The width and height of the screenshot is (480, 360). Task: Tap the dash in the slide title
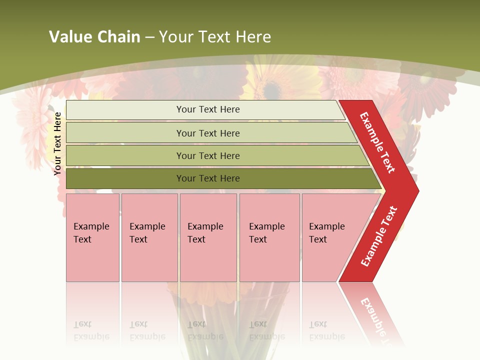point(149,37)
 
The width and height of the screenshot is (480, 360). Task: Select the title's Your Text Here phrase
point(215,37)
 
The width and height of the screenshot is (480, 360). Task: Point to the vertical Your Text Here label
point(57,143)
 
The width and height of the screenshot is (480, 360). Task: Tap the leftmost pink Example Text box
point(92,237)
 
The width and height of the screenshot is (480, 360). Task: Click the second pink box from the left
point(149,237)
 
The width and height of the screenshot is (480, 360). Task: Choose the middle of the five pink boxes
point(208,237)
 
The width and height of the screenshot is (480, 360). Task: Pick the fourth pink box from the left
point(269,237)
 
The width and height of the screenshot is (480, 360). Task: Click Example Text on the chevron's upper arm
point(377,142)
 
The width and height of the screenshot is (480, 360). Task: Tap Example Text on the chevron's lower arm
point(379,236)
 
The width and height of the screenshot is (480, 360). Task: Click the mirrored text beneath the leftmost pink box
point(91,330)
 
